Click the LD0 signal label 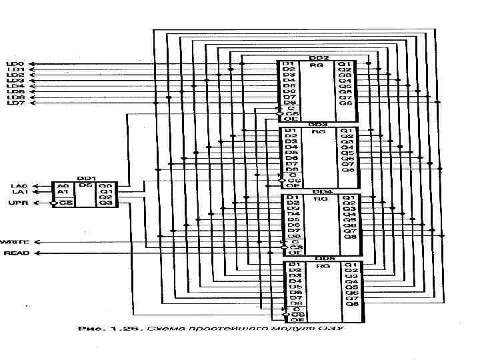click(15, 64)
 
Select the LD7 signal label click(15, 103)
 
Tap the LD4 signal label click(15, 87)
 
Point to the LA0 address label click(19, 186)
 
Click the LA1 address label click(19, 192)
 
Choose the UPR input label click(17, 203)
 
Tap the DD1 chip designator click(85, 178)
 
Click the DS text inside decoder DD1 click(85, 186)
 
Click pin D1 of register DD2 click(289, 64)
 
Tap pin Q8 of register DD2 click(345, 103)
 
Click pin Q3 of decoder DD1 click(105, 203)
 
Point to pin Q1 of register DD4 click(349, 198)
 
